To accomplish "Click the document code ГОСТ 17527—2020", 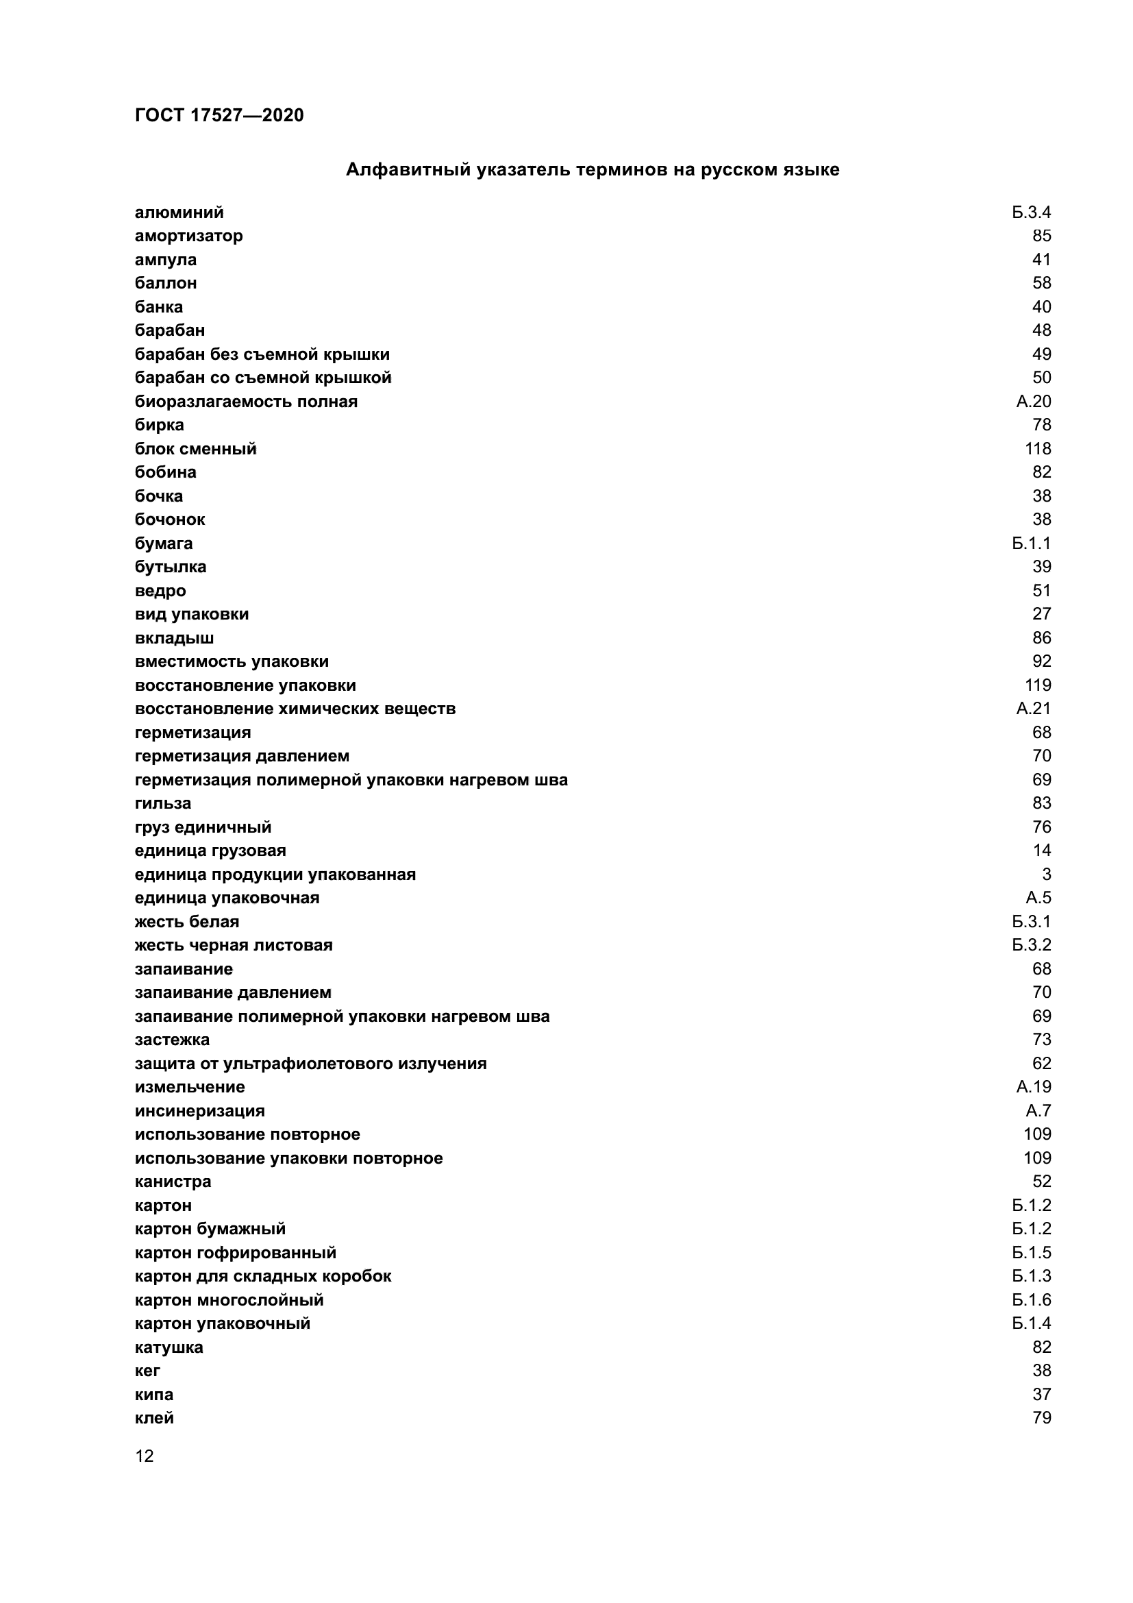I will click(x=219, y=115).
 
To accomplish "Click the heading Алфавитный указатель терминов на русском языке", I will click(x=593, y=170).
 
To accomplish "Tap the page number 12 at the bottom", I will click(x=145, y=1456).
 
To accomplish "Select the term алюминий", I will click(x=179, y=212).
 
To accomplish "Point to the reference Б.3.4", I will click(x=1031, y=212).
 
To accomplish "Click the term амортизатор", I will click(x=188, y=236).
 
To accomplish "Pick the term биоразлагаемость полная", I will click(x=246, y=402).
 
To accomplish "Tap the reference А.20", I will click(x=1033, y=402).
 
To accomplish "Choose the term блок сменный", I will click(x=195, y=449).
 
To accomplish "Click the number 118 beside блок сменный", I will click(x=1037, y=449).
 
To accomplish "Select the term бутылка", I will click(x=171, y=567).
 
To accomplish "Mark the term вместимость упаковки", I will click(x=232, y=661).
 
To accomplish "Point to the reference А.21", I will click(x=1033, y=709).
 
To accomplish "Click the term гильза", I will click(x=162, y=804).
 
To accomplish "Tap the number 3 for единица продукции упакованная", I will click(x=1046, y=874).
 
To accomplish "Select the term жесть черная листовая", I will click(x=233, y=945).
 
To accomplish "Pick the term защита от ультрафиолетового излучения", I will click(x=310, y=1064).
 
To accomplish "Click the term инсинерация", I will click(x=199, y=1111).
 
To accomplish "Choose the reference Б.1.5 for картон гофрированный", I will click(x=1031, y=1253).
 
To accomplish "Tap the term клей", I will click(x=154, y=1418).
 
